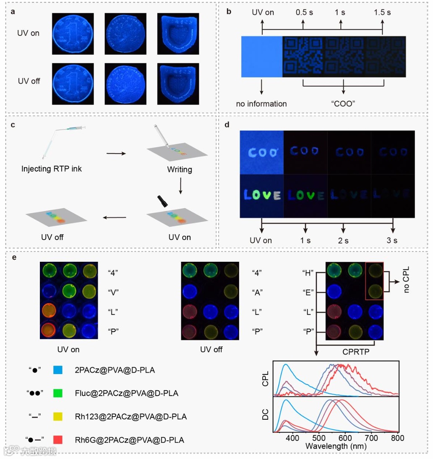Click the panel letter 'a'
click(x=13, y=11)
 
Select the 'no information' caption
click(x=261, y=103)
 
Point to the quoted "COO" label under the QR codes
click(x=344, y=103)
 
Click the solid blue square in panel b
click(x=262, y=57)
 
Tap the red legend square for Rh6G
click(x=58, y=440)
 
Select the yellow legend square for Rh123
click(x=58, y=416)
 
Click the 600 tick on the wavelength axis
click(x=345, y=438)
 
